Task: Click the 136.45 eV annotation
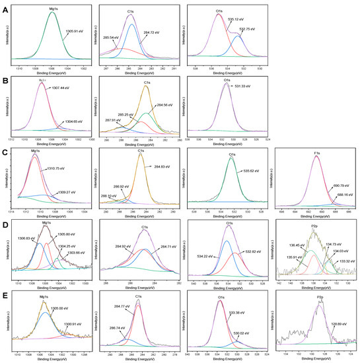click(x=295, y=246)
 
